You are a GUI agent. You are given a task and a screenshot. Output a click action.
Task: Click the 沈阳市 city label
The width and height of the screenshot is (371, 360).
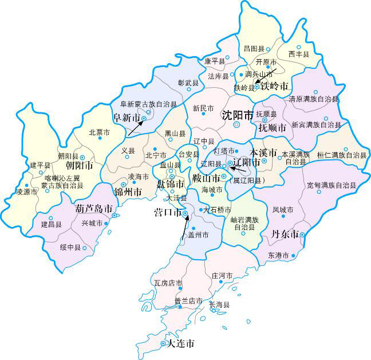click(238, 115)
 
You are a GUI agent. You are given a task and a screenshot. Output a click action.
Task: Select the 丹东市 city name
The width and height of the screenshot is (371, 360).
click(285, 235)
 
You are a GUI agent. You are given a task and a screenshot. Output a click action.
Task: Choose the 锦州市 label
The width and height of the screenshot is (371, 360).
click(128, 191)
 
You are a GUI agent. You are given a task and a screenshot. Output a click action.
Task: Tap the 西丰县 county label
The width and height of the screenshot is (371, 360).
click(299, 54)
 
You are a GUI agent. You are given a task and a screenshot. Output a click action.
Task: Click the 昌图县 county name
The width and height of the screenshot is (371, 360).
click(254, 49)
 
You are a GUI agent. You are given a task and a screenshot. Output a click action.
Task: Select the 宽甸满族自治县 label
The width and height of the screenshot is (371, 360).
click(331, 186)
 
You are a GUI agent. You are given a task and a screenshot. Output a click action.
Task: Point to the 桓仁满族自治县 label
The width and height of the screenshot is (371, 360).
click(342, 155)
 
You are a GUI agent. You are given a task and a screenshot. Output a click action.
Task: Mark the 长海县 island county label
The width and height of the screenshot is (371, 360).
click(219, 305)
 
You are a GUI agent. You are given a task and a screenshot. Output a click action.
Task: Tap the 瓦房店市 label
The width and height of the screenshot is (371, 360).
click(168, 283)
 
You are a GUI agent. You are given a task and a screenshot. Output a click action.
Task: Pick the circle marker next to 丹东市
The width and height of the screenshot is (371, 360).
click(302, 235)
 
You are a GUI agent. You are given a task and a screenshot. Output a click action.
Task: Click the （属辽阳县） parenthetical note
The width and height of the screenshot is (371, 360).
click(244, 181)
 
